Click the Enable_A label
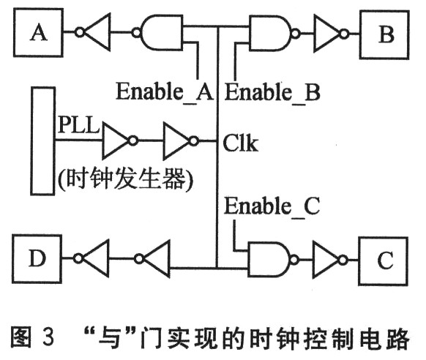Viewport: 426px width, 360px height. click(165, 92)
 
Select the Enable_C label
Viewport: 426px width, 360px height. click(272, 207)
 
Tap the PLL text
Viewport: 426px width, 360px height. click(79, 124)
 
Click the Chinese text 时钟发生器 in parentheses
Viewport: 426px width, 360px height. click(126, 179)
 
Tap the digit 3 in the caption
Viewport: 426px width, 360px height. click(48, 338)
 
